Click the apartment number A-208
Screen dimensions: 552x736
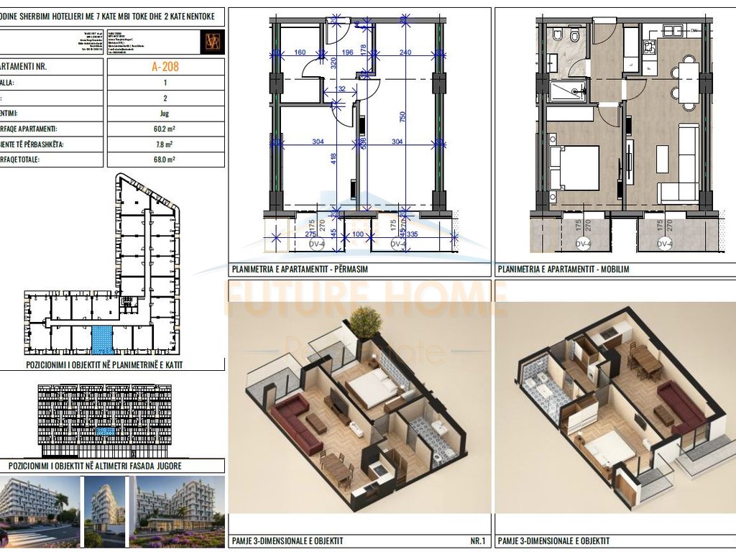[x=165, y=68]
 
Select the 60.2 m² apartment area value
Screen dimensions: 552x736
[x=165, y=129]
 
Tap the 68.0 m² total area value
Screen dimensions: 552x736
[x=165, y=160]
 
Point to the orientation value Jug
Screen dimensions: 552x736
[x=165, y=114]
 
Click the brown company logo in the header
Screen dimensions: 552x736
[x=213, y=41]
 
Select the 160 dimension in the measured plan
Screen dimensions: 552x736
[x=300, y=52]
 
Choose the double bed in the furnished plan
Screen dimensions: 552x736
[x=576, y=168]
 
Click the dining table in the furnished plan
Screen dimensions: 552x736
[x=688, y=82]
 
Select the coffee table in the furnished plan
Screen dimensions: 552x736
[x=662, y=159]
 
